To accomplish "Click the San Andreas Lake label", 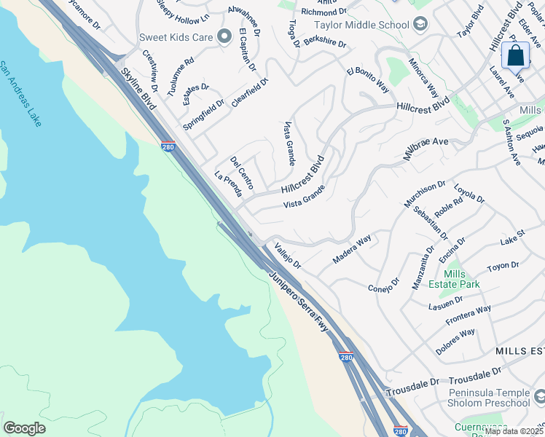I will [x=20, y=93].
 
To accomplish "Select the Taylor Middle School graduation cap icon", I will [x=420, y=25].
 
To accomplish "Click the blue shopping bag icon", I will [x=515, y=55].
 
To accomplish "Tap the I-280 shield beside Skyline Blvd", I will [x=168, y=146].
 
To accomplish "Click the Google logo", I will [x=24, y=428].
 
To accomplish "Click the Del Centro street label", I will [x=241, y=173].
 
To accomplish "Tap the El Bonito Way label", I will [x=368, y=80].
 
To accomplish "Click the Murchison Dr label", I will [x=420, y=194].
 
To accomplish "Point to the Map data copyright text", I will [x=514, y=431].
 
